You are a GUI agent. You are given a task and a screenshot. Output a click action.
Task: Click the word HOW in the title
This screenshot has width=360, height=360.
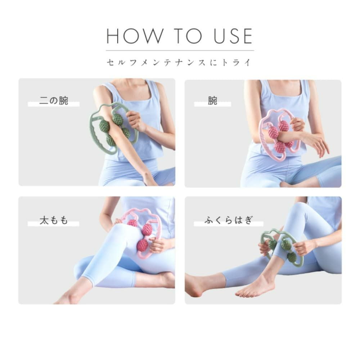135,36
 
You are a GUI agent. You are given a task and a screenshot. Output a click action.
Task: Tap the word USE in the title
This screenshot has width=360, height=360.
233,36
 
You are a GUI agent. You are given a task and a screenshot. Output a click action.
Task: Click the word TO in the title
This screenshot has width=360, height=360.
188,36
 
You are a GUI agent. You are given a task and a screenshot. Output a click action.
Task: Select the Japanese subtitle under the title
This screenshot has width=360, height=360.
179,62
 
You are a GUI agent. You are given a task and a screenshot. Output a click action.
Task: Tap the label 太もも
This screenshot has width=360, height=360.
54,220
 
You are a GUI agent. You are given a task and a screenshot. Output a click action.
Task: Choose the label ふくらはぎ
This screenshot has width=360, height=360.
229,220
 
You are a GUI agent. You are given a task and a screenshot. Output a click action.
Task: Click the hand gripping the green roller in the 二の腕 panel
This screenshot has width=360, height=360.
135,121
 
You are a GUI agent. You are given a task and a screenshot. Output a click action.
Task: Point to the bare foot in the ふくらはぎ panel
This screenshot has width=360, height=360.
255,287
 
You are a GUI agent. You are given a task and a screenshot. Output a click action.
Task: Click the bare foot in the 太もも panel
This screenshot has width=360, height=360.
69,296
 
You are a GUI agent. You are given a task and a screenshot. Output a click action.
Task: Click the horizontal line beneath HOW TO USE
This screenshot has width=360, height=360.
180,50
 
